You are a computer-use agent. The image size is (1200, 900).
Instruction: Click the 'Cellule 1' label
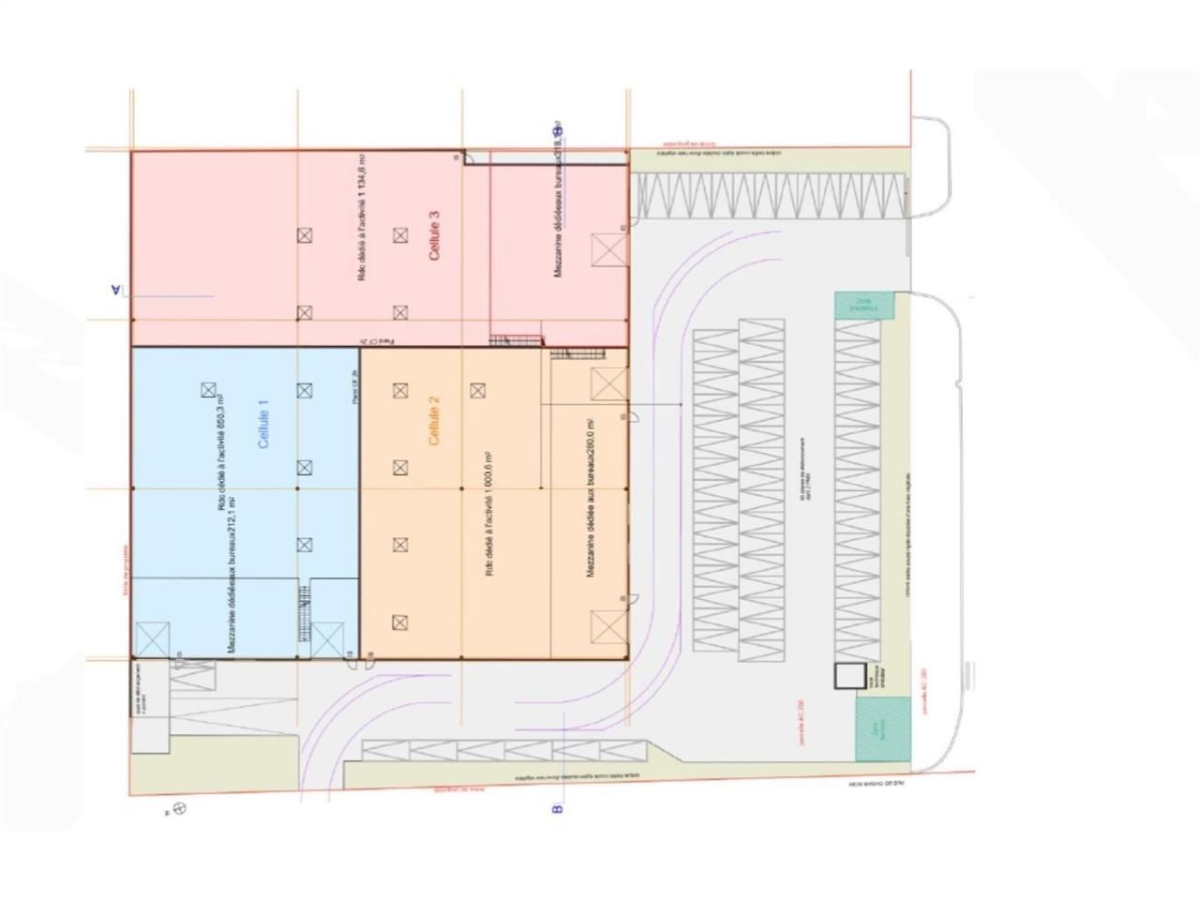(263, 424)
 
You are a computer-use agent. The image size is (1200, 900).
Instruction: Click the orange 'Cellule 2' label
(434, 420)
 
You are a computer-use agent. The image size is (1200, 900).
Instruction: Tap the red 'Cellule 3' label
(434, 234)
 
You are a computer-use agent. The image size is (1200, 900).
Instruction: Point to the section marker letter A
(116, 290)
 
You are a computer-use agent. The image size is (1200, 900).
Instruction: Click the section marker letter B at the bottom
(557, 808)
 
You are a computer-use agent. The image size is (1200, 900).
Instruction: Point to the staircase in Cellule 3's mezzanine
(517, 339)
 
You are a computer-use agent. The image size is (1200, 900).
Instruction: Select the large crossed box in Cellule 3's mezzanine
(608, 250)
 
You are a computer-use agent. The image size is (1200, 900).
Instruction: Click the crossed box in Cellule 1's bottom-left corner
(152, 639)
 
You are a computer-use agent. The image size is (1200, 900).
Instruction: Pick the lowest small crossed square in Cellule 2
(400, 622)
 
